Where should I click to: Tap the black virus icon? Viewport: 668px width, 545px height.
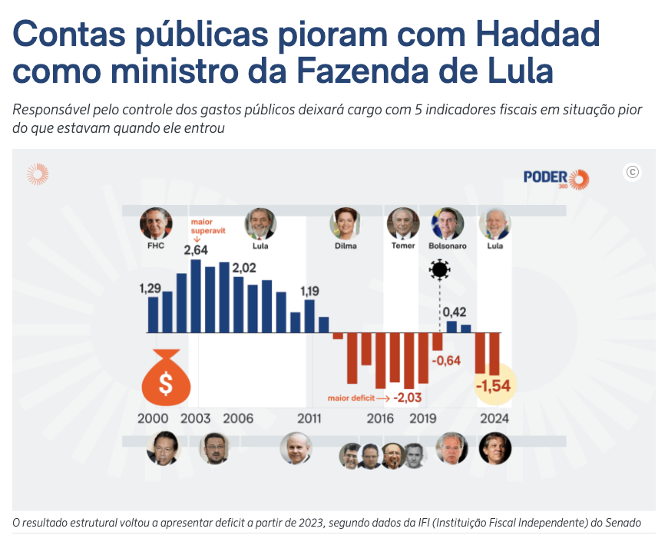(439, 269)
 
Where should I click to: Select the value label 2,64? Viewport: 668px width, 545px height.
(196, 250)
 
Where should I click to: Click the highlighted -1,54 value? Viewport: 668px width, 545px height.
(493, 386)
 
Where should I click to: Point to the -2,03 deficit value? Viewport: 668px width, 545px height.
(408, 398)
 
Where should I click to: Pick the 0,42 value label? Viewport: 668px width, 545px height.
(453, 312)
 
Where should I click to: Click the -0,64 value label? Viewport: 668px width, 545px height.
(445, 361)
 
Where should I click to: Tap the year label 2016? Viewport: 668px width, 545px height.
(380, 419)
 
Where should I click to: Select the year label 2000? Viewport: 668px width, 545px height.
(153, 419)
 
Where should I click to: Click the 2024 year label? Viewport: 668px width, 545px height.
(494, 419)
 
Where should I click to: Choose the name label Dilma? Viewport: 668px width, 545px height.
(346, 246)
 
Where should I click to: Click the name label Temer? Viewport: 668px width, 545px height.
(403, 246)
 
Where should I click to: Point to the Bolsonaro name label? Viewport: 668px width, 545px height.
(448, 246)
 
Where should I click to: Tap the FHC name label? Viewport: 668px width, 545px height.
(156, 246)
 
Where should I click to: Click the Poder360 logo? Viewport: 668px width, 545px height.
(556, 178)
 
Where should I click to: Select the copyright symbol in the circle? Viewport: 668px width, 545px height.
(633, 172)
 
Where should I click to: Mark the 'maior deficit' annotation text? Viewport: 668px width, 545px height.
(351, 398)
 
